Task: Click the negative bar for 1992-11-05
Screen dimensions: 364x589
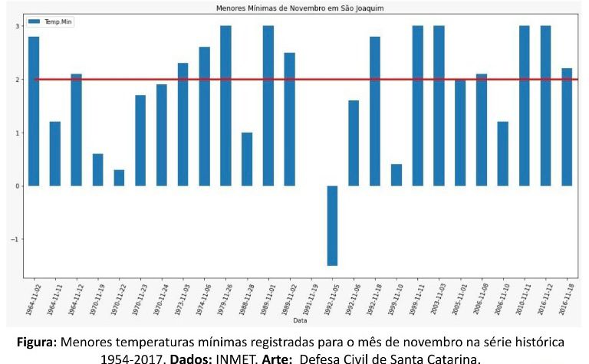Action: (332, 225)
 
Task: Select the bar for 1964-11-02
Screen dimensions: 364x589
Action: (34, 111)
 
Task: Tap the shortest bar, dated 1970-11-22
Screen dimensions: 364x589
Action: (119, 178)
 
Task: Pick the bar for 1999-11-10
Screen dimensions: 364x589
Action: (397, 175)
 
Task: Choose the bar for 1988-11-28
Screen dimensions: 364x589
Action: (247, 159)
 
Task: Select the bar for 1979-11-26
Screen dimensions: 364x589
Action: (225, 106)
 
